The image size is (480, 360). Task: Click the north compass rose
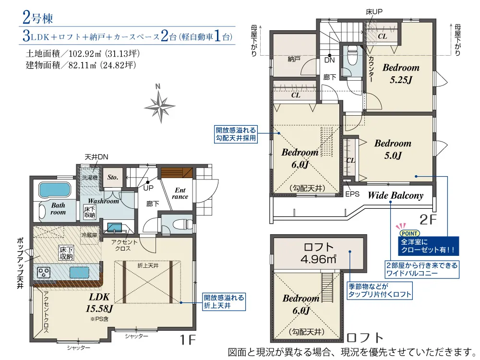click(x=160, y=106)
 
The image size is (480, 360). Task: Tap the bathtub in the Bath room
click(x=55, y=190)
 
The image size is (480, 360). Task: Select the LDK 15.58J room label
click(x=99, y=302)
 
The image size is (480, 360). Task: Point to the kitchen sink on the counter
click(x=79, y=272)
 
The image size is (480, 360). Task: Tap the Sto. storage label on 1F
click(x=113, y=177)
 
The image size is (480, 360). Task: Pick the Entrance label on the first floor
click(x=180, y=193)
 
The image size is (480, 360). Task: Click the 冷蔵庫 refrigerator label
click(x=89, y=235)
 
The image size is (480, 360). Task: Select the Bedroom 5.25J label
click(x=401, y=73)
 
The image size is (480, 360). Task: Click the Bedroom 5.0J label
click(x=393, y=149)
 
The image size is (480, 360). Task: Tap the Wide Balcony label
click(x=396, y=195)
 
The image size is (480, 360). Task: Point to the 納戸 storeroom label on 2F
click(x=294, y=59)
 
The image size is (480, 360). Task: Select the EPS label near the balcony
click(x=352, y=194)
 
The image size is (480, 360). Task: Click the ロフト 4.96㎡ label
click(x=318, y=253)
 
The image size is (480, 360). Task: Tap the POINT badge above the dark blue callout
click(x=409, y=233)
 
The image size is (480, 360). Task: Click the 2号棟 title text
click(x=37, y=18)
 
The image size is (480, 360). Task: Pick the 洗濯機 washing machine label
click(x=89, y=178)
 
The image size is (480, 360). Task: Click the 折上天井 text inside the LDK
click(x=148, y=265)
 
